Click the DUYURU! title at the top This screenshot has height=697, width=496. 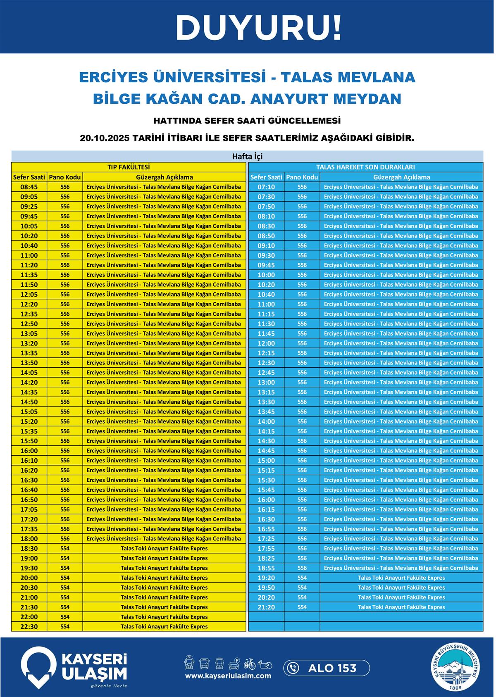pyautogui.click(x=259, y=28)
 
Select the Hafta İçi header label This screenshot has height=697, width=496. pyautogui.click(x=247, y=157)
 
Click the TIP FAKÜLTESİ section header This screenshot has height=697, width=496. pyautogui.click(x=129, y=167)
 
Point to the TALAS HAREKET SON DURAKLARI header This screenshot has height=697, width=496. pyautogui.click(x=365, y=167)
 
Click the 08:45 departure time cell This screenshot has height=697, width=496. pyautogui.click(x=29, y=187)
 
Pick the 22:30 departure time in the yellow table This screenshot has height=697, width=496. pyautogui.click(x=29, y=627)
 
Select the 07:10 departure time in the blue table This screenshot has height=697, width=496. pyautogui.click(x=266, y=187)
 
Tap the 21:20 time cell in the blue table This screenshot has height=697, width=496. pyautogui.click(x=266, y=607)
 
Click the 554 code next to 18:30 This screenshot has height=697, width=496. pyautogui.click(x=65, y=549)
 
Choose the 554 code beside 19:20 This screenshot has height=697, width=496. pyautogui.click(x=302, y=578)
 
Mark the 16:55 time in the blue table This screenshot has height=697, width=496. pyautogui.click(x=266, y=529)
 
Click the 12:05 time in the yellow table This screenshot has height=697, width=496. pyautogui.click(x=29, y=295)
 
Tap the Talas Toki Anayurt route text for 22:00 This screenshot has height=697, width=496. pyautogui.click(x=164, y=617)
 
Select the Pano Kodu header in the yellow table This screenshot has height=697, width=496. pyautogui.click(x=64, y=177)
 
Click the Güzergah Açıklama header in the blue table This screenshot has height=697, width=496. pyautogui.click(x=401, y=177)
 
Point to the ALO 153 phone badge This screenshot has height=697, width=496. pyautogui.click(x=327, y=668)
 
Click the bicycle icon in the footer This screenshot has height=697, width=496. pyautogui.click(x=250, y=664)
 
